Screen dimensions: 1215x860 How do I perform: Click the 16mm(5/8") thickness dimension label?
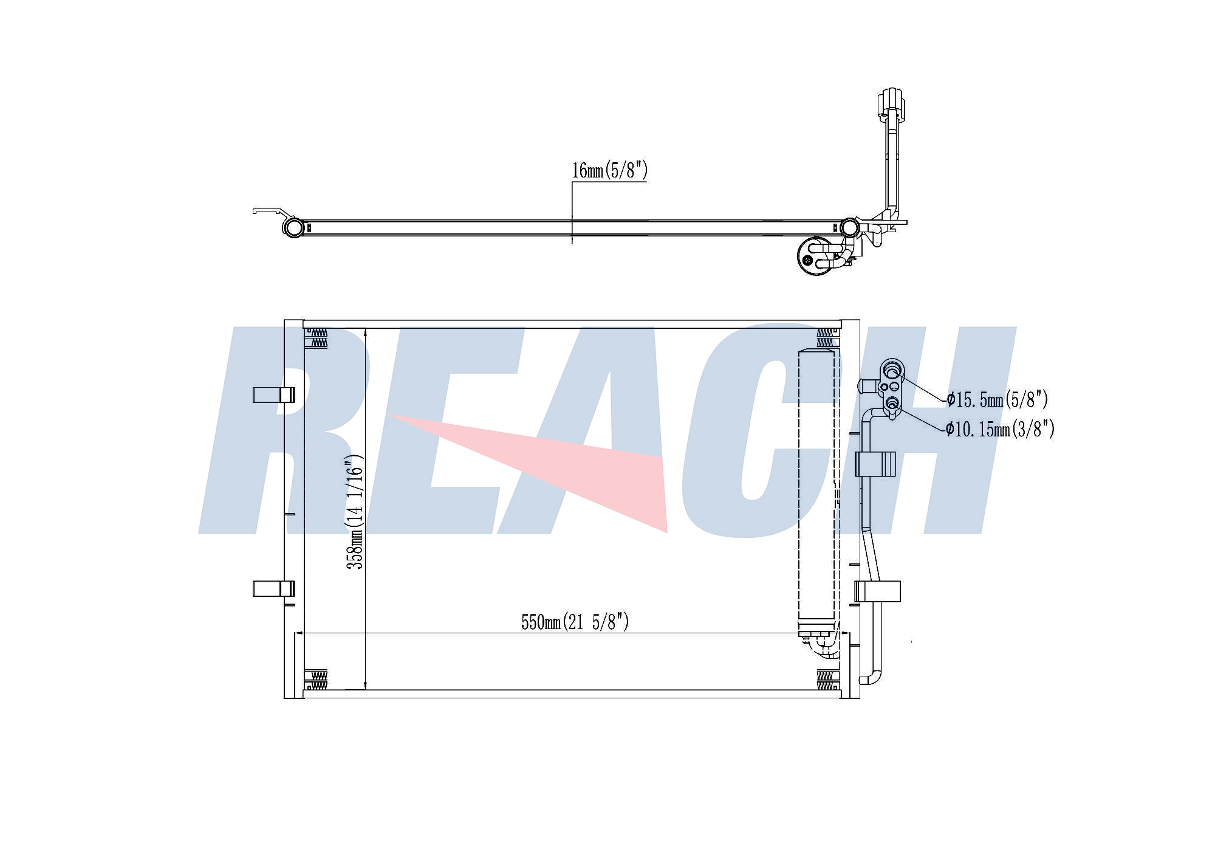pyautogui.click(x=609, y=171)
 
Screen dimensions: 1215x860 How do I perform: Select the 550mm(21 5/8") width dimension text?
pyautogui.click(x=575, y=622)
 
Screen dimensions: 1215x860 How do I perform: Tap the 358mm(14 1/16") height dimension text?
pyautogui.click(x=355, y=512)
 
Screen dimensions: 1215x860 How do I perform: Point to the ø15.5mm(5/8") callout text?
pyautogui.click(x=998, y=399)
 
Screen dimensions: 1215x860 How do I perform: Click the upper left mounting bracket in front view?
pyautogui.click(x=274, y=394)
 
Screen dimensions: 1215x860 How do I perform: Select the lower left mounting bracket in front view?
pyautogui.click(x=274, y=588)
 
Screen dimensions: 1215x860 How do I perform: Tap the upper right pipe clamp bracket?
pyautogui.click(x=875, y=464)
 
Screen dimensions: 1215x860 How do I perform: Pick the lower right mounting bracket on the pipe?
pyautogui.click(x=877, y=591)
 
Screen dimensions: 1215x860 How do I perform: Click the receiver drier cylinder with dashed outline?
pyautogui.click(x=817, y=492)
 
